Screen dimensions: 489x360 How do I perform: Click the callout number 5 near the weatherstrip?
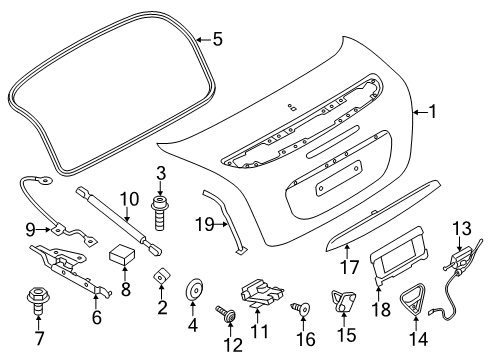click(217, 39)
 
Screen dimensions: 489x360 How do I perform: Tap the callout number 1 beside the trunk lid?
click(433, 112)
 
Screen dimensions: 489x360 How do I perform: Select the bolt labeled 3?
click(160, 213)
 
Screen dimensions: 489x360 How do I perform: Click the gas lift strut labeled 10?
click(119, 222)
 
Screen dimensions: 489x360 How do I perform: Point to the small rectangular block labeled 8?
click(122, 254)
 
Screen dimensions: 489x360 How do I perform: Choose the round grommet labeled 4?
click(194, 290)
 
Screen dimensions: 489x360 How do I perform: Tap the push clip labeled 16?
click(301, 309)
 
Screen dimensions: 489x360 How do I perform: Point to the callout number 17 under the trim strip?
click(349, 267)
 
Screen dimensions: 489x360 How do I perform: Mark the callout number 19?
click(205, 224)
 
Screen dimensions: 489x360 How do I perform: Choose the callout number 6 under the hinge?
click(96, 317)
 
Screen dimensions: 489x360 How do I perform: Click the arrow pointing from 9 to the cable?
click(43, 229)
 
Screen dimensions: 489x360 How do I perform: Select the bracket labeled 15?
click(343, 301)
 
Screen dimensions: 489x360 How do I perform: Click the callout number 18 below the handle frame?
click(381, 309)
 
